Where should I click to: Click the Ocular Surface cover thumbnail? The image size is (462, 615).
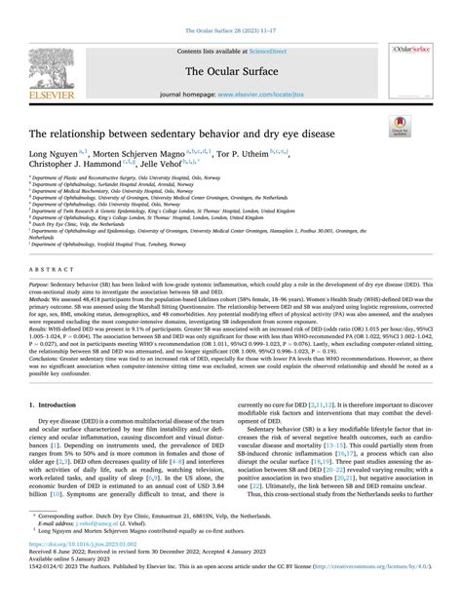pyautogui.click(x=412, y=71)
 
